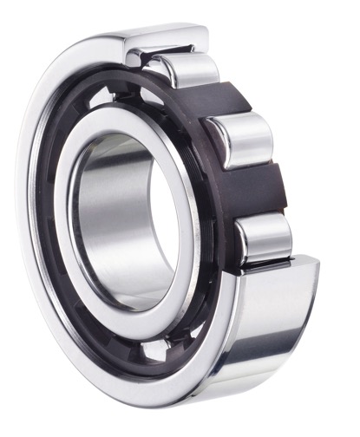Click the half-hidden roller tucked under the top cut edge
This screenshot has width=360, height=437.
140,57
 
